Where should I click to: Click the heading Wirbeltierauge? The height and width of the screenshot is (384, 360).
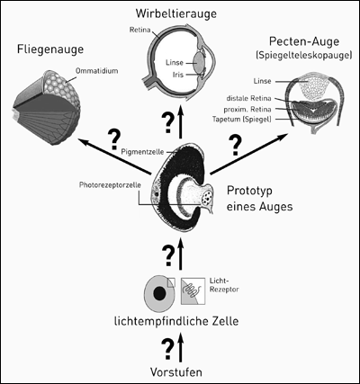[x=176, y=13]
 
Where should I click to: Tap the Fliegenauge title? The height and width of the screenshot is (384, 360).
[x=50, y=49]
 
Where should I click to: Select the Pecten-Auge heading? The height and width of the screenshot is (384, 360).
[x=304, y=41]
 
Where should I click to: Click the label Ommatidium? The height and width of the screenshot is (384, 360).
[x=96, y=71]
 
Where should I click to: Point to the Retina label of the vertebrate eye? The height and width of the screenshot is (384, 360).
[x=139, y=30]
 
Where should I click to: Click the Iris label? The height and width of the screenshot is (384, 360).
[x=177, y=75]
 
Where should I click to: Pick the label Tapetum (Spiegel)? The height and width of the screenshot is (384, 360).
[x=242, y=119]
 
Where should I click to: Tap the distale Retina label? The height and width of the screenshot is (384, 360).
[x=248, y=98]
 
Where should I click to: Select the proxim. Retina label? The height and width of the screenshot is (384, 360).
[x=247, y=109]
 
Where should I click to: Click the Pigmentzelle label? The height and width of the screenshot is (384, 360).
[x=142, y=152]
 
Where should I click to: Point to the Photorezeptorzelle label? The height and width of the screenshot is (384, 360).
[x=110, y=185]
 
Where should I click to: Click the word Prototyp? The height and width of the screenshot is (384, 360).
[x=249, y=192]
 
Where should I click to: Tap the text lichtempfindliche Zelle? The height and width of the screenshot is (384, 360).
[x=176, y=322]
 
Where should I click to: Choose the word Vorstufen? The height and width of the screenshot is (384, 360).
[x=176, y=372]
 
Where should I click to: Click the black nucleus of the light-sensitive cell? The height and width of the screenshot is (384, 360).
[x=159, y=293]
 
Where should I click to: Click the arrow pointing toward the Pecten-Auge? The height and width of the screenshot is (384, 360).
[x=248, y=154]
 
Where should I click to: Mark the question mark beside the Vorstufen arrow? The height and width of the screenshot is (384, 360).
[x=168, y=349]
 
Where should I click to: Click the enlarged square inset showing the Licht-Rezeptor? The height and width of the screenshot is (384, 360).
[x=193, y=291]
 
